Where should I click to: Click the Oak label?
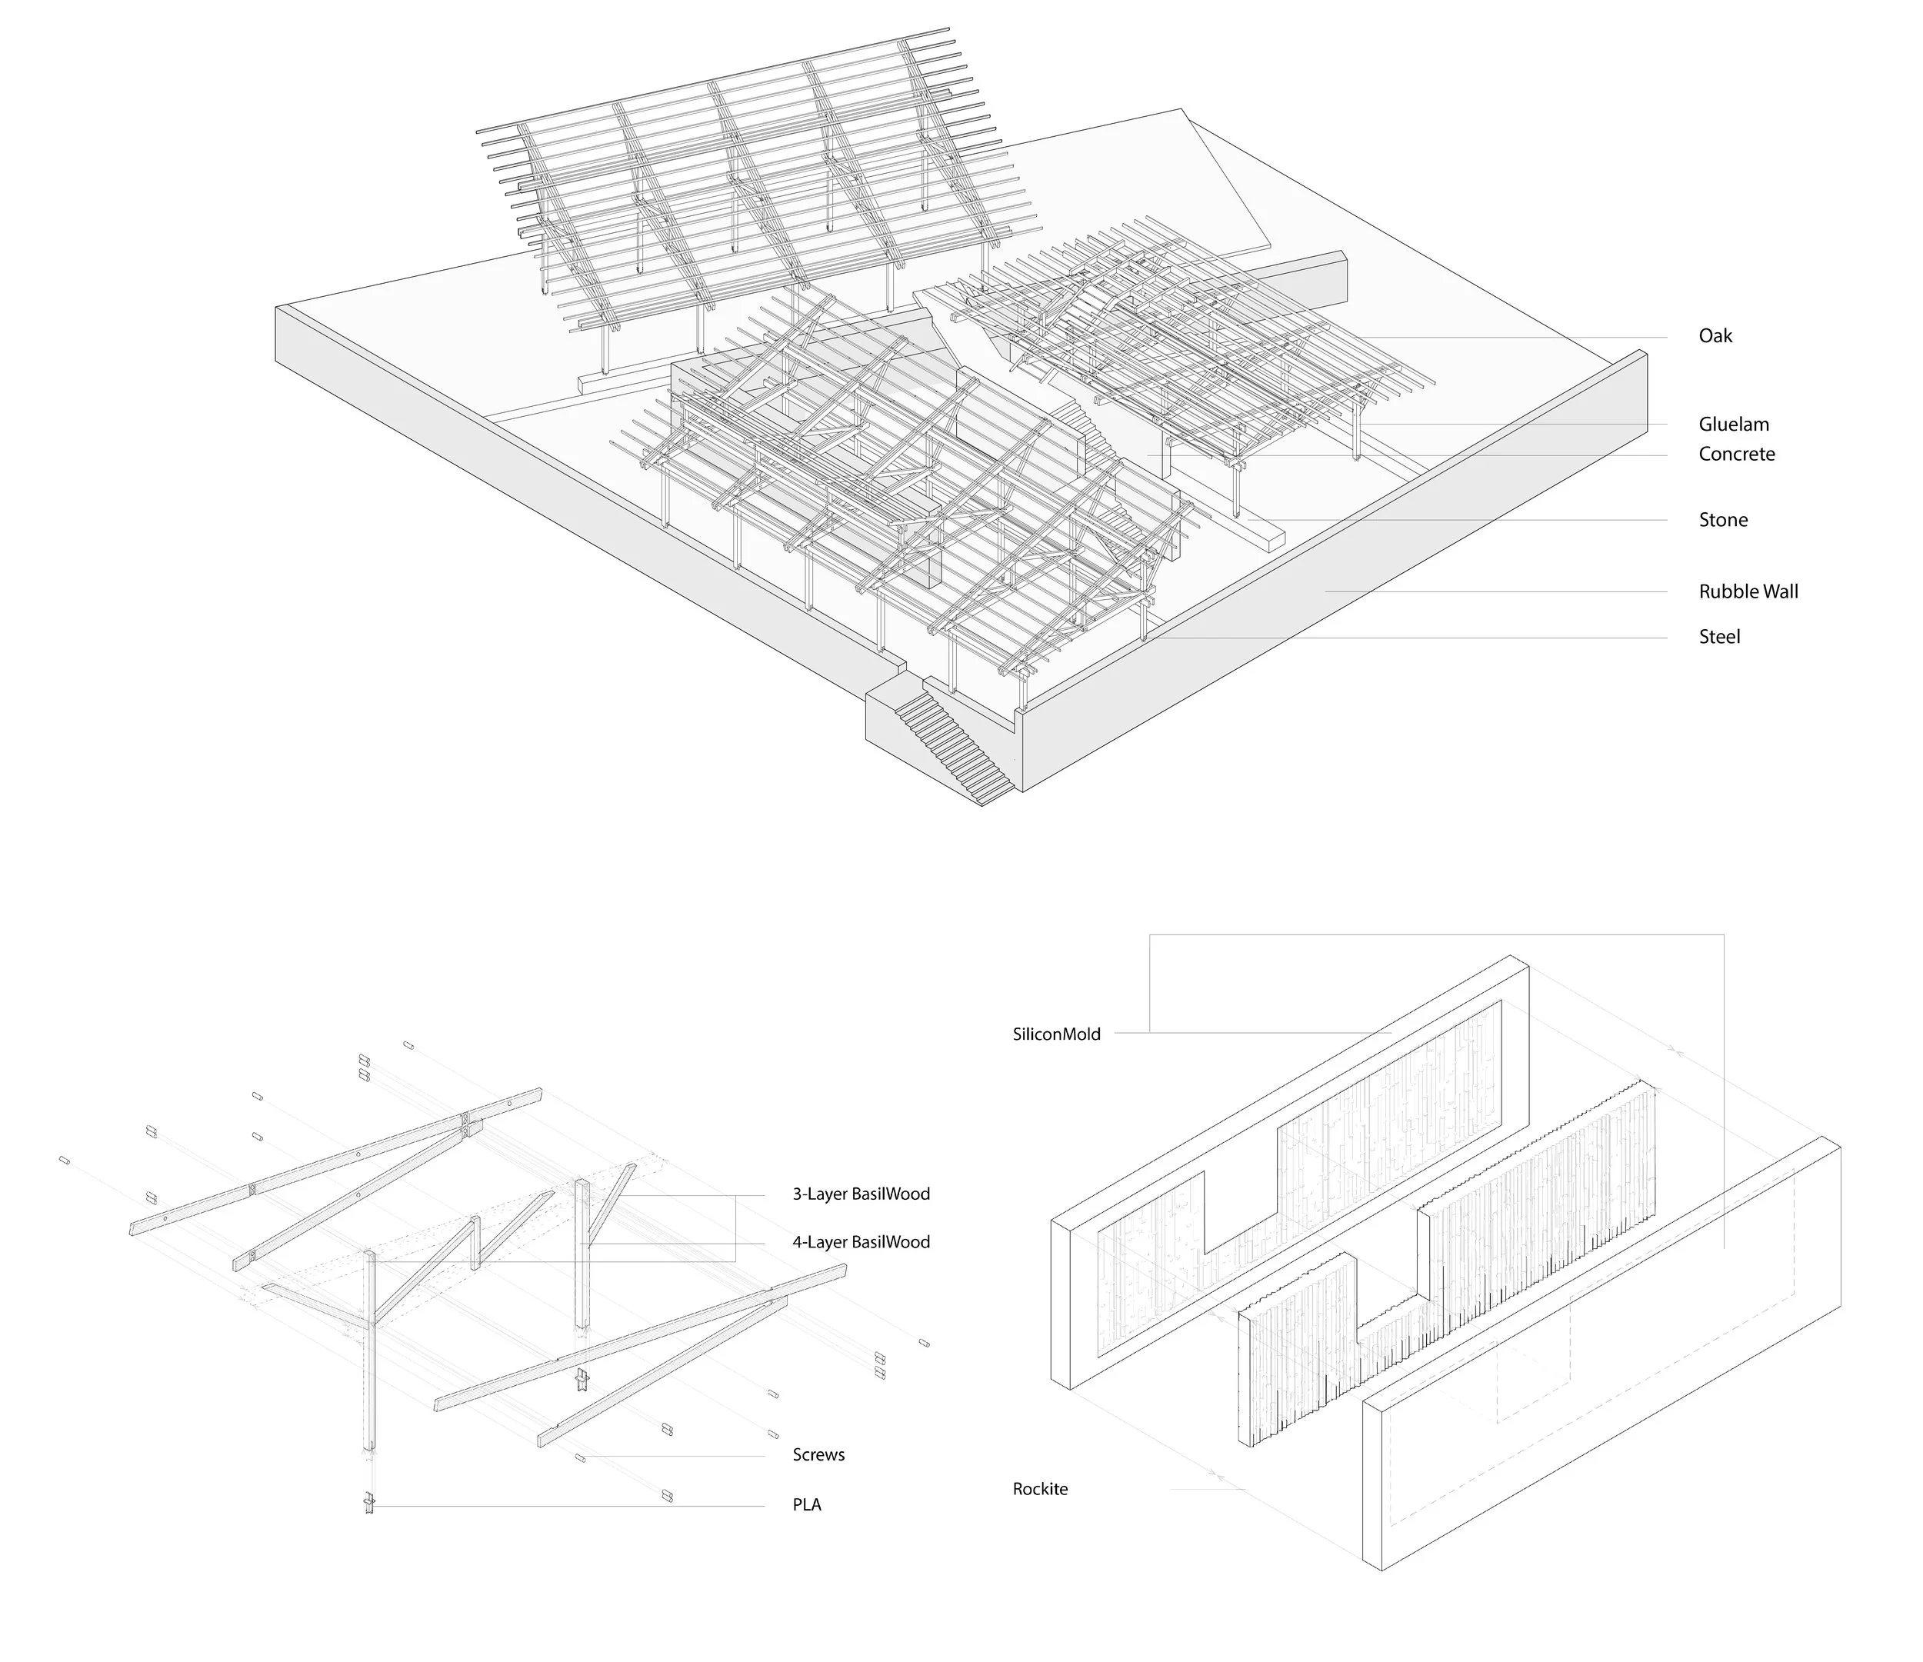[x=1715, y=336]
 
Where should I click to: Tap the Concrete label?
[x=1735, y=454]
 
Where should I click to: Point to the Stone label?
[x=1722, y=520]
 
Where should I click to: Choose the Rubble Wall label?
[x=1748, y=591]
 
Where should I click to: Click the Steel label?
[x=1719, y=637]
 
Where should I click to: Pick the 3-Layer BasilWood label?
[x=860, y=1194]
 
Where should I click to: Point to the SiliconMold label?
[x=1056, y=1034]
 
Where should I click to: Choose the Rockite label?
[x=1039, y=1490]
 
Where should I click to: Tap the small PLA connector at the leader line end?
[x=369, y=1504]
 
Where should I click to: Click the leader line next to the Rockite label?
[x=1207, y=1490]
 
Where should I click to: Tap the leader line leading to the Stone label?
[x=1466, y=520]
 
